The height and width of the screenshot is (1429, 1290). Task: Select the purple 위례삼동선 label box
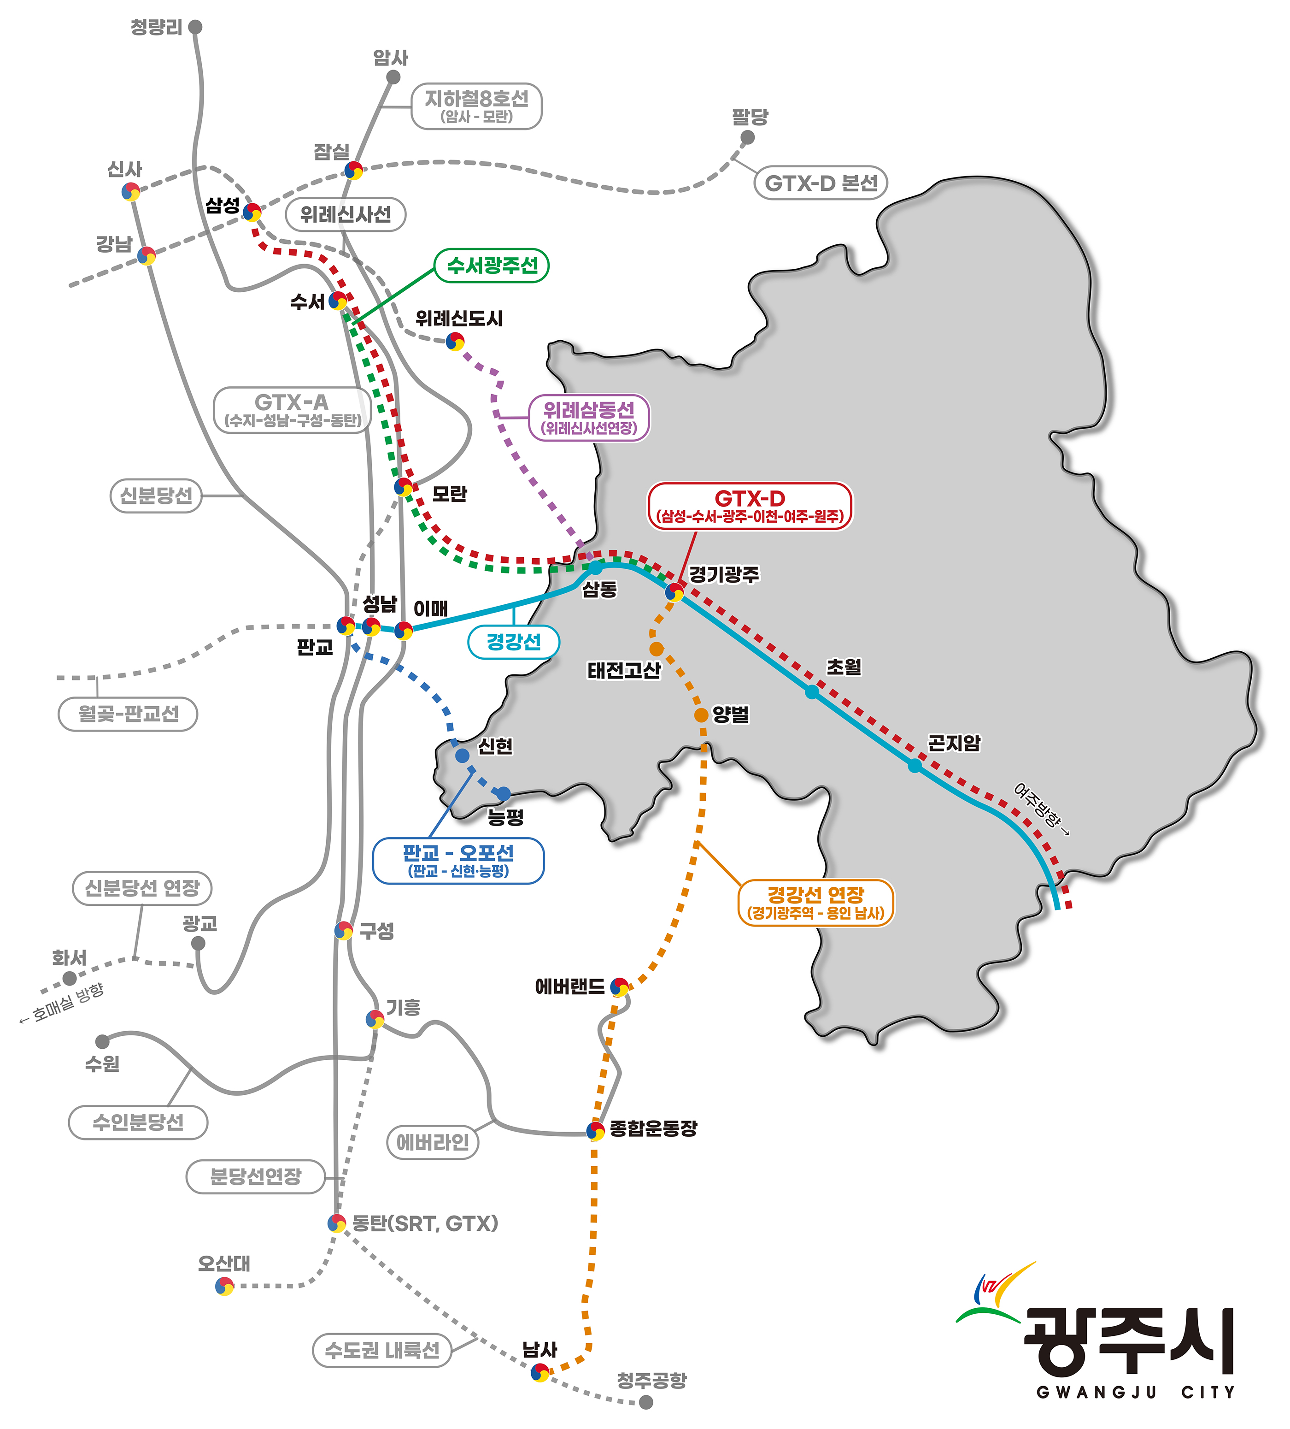pyautogui.click(x=589, y=418)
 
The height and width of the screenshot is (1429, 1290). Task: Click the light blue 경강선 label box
pyautogui.click(x=514, y=642)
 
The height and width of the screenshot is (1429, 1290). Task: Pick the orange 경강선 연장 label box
pyautogui.click(x=815, y=902)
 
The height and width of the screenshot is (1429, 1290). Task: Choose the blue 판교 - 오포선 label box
pyautogui.click(x=458, y=861)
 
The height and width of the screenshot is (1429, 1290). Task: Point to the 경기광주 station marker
pyautogui.click(x=674, y=591)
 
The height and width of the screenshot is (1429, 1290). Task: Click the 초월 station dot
pyautogui.click(x=812, y=692)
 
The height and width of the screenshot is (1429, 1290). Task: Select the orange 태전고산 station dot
pyautogui.click(x=657, y=649)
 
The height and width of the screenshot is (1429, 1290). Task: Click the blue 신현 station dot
pyautogui.click(x=462, y=756)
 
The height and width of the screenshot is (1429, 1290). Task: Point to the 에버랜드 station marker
pyautogui.click(x=620, y=986)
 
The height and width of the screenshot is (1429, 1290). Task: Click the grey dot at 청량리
pyautogui.click(x=195, y=27)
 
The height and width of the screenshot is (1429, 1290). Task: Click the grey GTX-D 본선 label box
pyautogui.click(x=821, y=183)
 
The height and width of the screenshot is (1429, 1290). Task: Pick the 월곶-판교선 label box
pyautogui.click(x=128, y=714)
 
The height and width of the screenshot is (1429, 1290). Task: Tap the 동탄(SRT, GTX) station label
pyautogui.click(x=426, y=1223)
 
